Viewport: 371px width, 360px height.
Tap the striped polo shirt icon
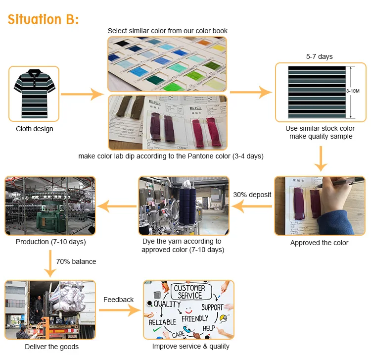[34, 94]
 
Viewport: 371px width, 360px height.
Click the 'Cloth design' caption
[35, 129]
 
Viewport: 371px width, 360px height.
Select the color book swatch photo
[167, 64]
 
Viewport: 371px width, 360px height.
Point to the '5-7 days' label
[319, 56]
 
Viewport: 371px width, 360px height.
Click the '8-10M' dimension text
[353, 91]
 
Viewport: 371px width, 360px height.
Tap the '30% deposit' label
[252, 195]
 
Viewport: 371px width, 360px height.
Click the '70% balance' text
[76, 261]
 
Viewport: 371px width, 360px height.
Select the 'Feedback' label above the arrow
[118, 300]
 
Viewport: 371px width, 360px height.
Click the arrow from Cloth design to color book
[82, 94]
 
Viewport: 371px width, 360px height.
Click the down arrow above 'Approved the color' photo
[321, 160]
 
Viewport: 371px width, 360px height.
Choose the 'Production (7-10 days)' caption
[51, 242]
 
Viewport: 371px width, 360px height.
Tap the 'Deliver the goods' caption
[52, 347]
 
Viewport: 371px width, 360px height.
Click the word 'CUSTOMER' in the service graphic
[189, 288]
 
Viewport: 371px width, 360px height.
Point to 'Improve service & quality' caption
[190, 346]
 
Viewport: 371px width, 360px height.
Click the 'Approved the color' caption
[319, 243]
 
